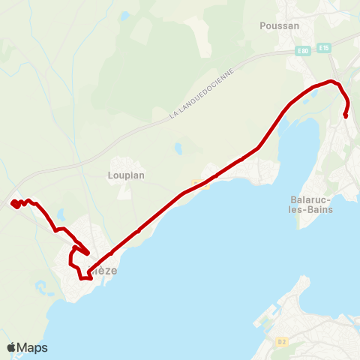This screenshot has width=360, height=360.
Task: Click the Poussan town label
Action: click(x=279, y=25)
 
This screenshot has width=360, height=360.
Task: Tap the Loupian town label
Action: click(x=127, y=175)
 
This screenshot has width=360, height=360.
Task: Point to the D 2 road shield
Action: click(x=281, y=343)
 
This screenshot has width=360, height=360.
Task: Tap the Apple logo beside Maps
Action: click(x=11, y=347)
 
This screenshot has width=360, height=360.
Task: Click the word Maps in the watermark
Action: click(x=32, y=347)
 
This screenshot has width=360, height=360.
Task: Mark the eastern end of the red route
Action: click(x=345, y=115)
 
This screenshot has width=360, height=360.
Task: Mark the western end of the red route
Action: click(x=13, y=203)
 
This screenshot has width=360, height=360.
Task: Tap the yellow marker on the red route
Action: click(x=196, y=183)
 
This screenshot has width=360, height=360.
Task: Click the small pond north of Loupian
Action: click(x=178, y=148)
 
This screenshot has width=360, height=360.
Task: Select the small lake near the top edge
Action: click(x=124, y=14)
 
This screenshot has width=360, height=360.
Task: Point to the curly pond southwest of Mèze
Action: click(x=42, y=286)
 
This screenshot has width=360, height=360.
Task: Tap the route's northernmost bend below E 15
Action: click(x=331, y=81)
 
